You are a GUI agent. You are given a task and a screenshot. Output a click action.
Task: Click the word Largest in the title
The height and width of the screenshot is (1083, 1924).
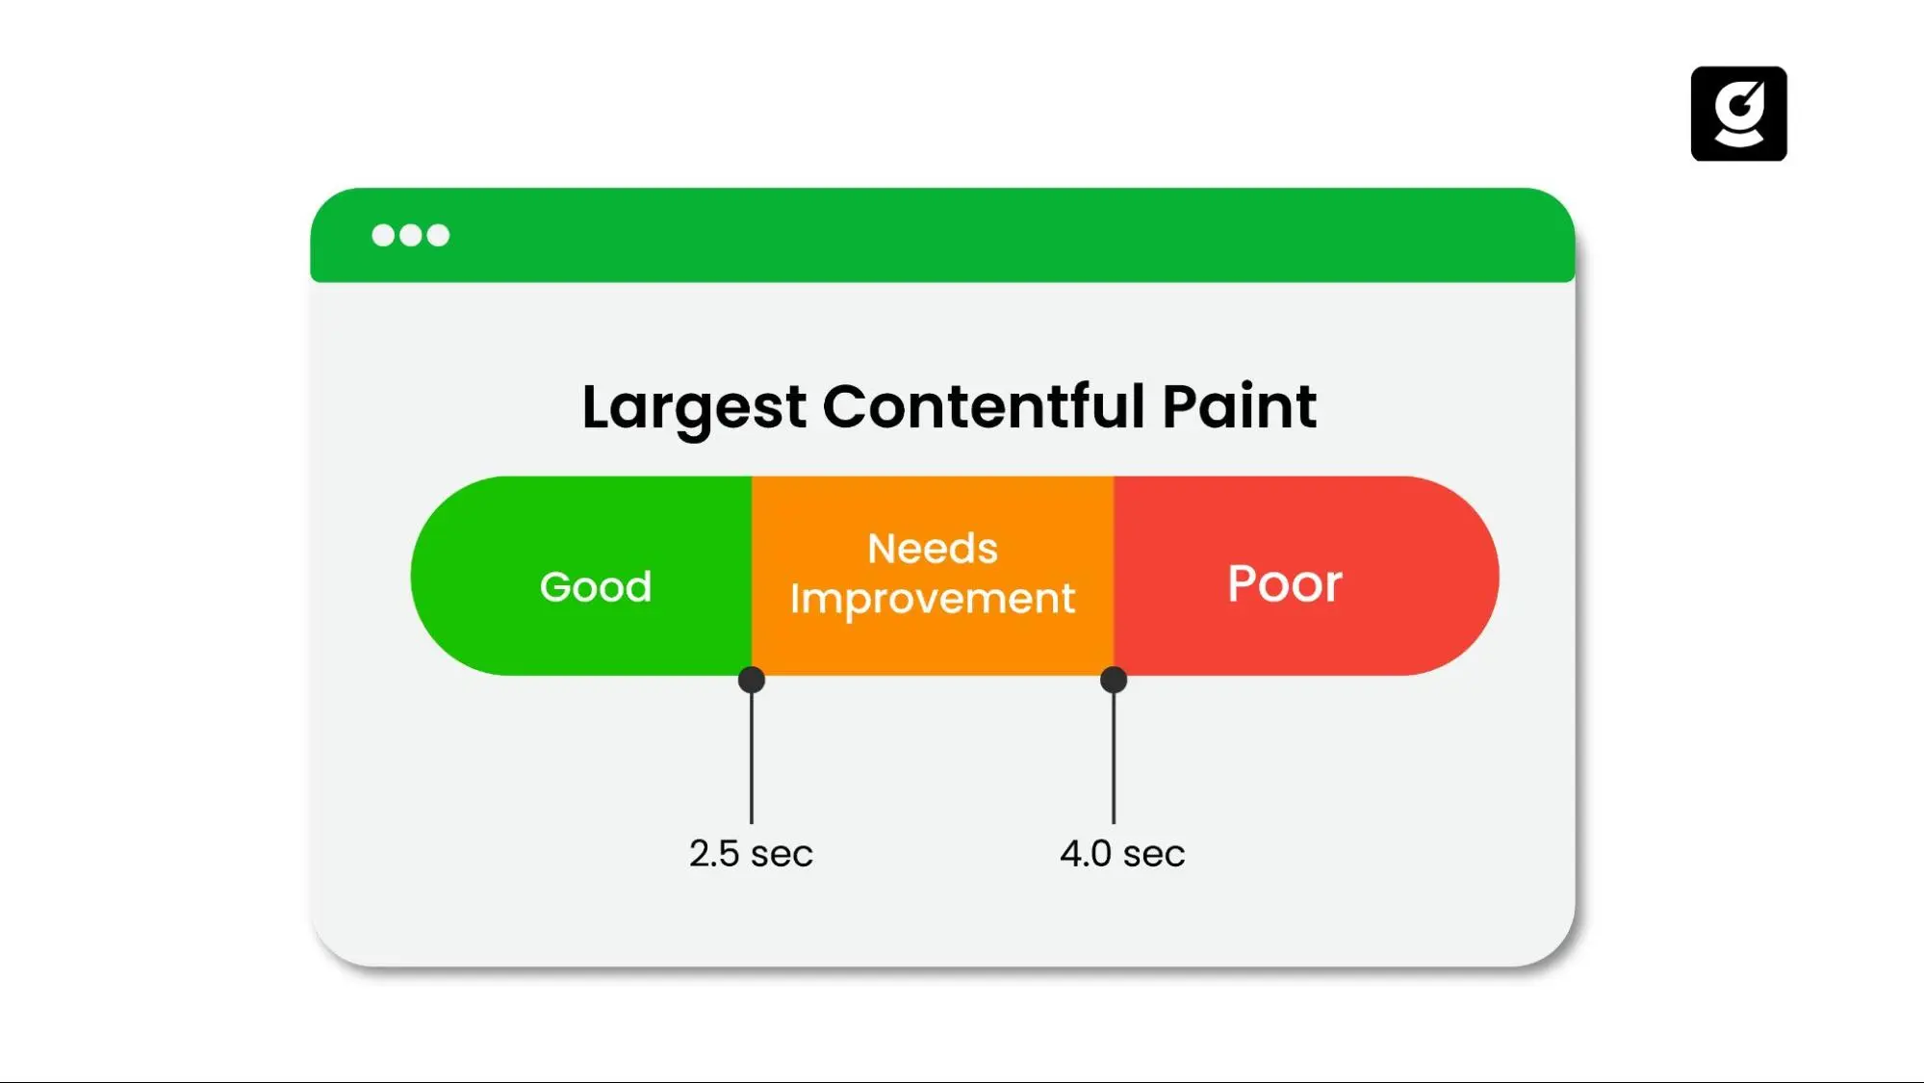(693, 407)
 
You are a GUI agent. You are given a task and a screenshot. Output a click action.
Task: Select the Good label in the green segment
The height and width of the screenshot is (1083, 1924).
(596, 586)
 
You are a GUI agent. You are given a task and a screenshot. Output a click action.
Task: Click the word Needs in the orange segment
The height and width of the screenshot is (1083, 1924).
(932, 549)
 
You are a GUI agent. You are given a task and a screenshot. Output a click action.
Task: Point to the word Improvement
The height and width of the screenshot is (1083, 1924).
(932, 599)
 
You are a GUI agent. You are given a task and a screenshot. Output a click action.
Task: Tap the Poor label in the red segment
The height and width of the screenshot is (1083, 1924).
(1284, 583)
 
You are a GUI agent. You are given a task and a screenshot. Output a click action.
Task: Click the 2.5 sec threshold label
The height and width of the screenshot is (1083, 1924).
(751, 854)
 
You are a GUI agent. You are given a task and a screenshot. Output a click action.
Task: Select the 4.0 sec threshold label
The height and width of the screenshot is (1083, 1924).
(1122, 854)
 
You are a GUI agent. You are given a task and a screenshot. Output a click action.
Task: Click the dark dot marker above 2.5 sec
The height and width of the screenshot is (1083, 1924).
(752, 680)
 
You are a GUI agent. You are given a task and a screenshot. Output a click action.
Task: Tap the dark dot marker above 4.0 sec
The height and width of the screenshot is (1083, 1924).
(1114, 680)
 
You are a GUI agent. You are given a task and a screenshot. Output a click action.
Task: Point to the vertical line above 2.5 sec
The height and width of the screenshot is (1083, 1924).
(752, 761)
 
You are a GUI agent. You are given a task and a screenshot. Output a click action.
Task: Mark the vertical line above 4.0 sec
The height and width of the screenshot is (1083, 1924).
(1114, 761)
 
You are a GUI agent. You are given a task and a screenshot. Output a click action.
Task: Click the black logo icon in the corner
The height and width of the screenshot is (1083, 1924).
(1738, 114)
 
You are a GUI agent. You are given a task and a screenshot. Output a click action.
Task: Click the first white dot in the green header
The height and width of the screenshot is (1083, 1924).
(383, 236)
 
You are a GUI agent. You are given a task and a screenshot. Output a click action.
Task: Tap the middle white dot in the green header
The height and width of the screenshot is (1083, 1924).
(411, 236)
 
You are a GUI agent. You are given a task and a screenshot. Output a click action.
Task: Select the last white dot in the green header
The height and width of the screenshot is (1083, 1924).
(438, 236)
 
